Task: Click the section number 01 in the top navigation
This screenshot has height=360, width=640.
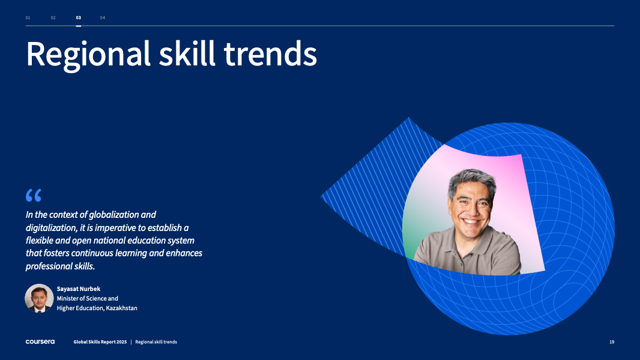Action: (x=28, y=17)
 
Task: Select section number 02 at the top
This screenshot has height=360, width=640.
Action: (x=53, y=17)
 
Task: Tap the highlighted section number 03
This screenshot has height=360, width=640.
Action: (x=79, y=17)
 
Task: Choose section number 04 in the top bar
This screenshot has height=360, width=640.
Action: (x=103, y=17)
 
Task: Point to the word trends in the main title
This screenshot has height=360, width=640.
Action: (x=271, y=54)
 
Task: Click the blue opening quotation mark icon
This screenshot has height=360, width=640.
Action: (x=34, y=195)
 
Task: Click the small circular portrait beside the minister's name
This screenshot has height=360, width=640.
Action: (x=39, y=298)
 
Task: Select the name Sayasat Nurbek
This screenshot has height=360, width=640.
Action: (x=79, y=289)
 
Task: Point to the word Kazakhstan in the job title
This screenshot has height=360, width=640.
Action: (x=122, y=308)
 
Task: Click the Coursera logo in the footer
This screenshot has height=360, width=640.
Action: (x=40, y=341)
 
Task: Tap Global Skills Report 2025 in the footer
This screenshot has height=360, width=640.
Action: (x=100, y=341)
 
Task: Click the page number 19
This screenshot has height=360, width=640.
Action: (x=612, y=341)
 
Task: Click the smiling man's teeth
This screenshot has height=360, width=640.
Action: (x=471, y=222)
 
